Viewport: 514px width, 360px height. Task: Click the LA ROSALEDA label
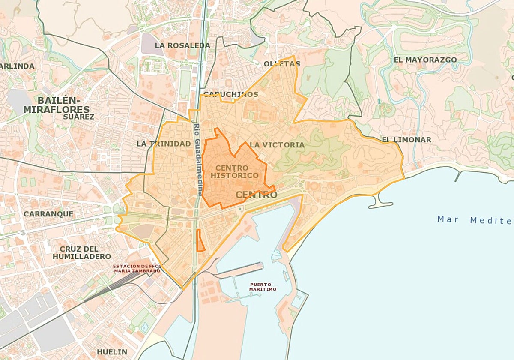pos(182,45)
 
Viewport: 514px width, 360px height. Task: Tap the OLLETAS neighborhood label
pos(282,64)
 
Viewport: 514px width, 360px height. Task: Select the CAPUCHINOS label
pos(231,94)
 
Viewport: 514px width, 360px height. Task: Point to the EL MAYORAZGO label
pos(425,60)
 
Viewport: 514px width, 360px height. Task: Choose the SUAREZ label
pos(78,117)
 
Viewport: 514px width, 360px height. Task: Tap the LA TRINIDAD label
pos(164,144)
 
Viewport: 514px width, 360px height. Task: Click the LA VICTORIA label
pos(277,145)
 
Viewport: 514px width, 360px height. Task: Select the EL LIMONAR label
pos(406,140)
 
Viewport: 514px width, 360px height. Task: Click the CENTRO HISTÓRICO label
pos(234,171)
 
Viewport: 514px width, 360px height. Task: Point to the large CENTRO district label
pos(257,195)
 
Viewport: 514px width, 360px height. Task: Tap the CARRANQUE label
pos(48,213)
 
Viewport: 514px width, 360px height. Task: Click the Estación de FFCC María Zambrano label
pos(137,268)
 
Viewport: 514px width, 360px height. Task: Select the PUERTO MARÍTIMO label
pos(263,287)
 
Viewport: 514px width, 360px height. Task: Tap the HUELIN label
pos(112,352)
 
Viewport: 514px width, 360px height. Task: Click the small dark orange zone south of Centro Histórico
pos(200,240)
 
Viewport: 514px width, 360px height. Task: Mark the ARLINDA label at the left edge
pos(17,66)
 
